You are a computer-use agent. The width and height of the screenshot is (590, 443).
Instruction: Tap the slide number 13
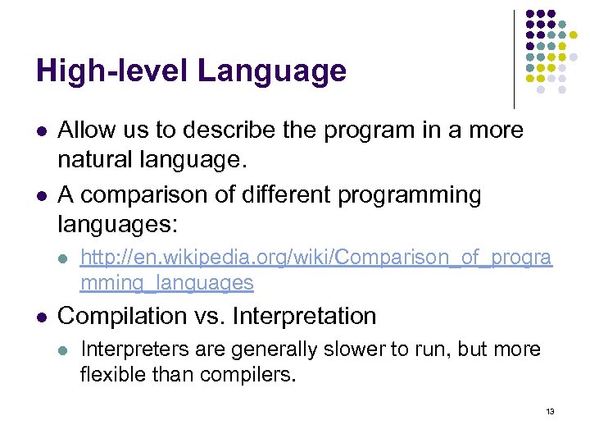pyautogui.click(x=550, y=411)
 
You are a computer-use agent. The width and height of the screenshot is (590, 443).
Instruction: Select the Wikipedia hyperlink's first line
pyautogui.click(x=315, y=258)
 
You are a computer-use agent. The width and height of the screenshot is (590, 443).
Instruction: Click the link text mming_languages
pyautogui.click(x=166, y=283)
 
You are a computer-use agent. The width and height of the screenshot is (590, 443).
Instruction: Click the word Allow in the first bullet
pyautogui.click(x=86, y=130)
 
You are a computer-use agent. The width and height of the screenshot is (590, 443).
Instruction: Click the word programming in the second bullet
pyautogui.click(x=406, y=195)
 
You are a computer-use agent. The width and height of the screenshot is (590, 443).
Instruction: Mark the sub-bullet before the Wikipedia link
pyautogui.click(x=65, y=259)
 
